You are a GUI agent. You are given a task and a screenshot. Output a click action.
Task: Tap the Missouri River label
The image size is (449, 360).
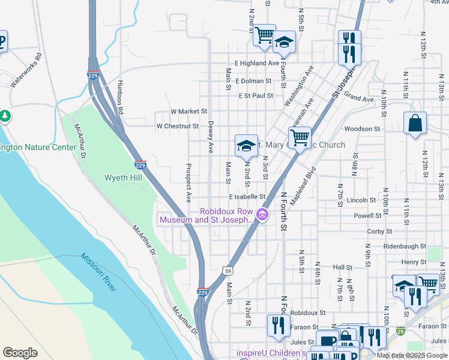click(98, 272)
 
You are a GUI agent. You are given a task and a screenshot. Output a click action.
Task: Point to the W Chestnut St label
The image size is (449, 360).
click(177, 127)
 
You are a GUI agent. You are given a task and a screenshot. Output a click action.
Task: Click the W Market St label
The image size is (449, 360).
click(188, 112)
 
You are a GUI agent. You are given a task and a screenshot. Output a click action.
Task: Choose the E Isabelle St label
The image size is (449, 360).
click(247, 197)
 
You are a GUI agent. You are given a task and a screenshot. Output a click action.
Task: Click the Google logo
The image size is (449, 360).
click(20, 353)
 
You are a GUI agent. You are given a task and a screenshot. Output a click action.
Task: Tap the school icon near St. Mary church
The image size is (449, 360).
click(246, 146)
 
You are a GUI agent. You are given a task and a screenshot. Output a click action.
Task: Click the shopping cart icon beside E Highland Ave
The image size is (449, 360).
click(264, 35)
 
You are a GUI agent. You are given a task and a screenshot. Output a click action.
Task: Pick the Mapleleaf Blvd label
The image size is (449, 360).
click(302, 187)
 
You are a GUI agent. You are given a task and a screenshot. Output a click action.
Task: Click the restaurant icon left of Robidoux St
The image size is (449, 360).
click(278, 325)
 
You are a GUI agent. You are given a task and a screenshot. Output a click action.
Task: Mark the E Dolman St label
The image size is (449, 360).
click(255, 81)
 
